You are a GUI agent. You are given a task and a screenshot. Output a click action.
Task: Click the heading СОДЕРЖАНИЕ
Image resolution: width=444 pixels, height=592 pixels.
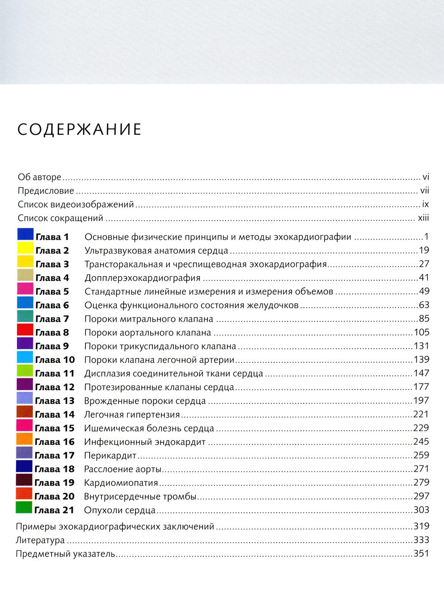(x=79, y=129)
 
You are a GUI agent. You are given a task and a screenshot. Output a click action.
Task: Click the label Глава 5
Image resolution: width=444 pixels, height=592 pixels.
(x=52, y=292)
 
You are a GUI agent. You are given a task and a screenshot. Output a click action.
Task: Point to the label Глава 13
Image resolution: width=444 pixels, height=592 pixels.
(x=55, y=401)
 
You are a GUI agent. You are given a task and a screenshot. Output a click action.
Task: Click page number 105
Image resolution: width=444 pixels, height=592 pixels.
(x=421, y=332)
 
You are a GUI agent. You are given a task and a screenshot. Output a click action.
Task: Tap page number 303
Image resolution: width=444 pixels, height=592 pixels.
(x=421, y=510)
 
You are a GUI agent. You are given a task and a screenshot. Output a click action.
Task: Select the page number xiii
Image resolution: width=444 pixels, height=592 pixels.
(x=424, y=218)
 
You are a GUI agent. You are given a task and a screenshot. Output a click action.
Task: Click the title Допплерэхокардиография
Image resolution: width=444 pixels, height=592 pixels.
(x=143, y=278)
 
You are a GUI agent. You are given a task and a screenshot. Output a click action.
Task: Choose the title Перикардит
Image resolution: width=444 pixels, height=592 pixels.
(x=110, y=456)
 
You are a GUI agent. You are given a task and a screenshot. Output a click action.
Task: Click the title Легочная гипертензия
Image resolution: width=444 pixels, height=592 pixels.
(x=132, y=415)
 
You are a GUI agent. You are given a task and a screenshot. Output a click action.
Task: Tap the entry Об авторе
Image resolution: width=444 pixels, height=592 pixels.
(x=40, y=177)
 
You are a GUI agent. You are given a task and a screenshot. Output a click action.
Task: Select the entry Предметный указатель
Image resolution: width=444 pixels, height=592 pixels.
(x=65, y=554)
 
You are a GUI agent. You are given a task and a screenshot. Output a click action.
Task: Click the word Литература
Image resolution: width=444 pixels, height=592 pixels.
(x=40, y=540)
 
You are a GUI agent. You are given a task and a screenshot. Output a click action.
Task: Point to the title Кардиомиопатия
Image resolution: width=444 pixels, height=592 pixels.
(x=121, y=483)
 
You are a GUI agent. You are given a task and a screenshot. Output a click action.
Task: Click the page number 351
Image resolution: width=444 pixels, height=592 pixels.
(x=421, y=553)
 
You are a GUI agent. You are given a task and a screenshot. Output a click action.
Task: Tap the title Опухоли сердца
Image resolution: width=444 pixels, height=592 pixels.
(x=120, y=510)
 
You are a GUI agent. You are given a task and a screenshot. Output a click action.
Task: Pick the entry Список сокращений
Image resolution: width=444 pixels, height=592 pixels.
(x=60, y=218)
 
